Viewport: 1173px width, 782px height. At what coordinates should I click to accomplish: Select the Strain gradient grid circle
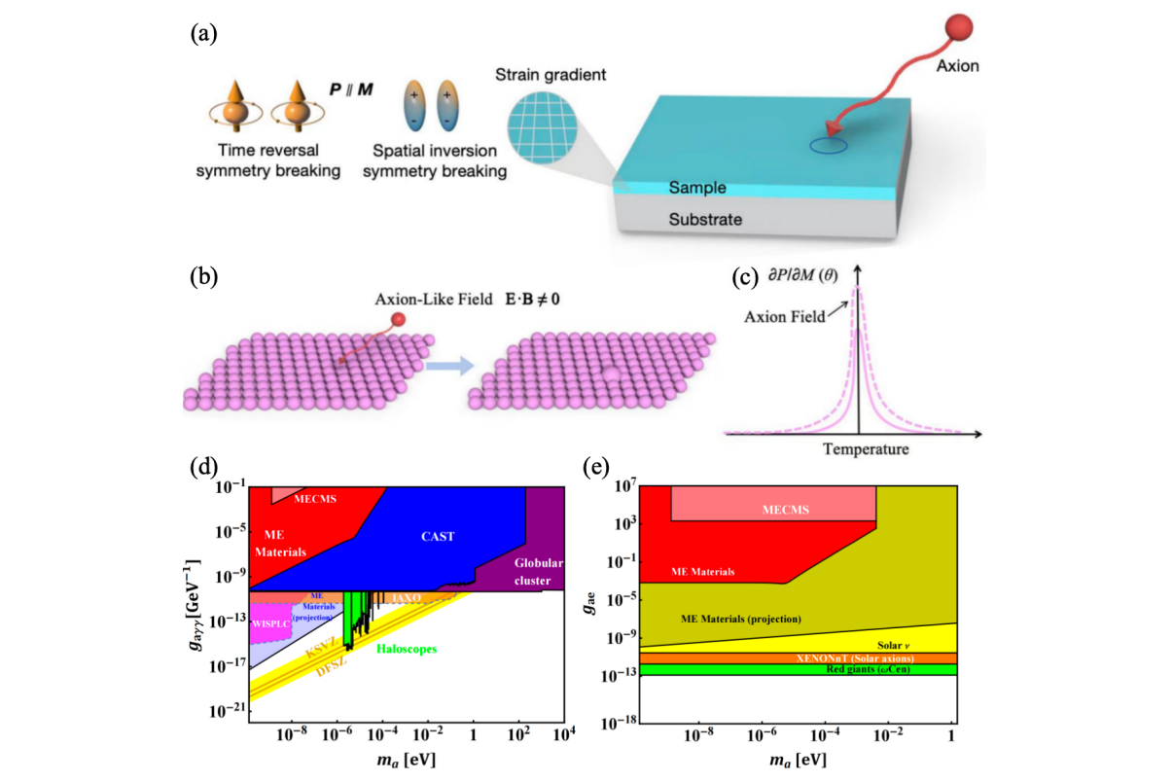(x=540, y=135)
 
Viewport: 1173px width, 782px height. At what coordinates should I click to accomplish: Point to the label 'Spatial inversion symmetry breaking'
(x=441, y=162)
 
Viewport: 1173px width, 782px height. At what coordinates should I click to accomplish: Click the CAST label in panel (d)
(x=439, y=536)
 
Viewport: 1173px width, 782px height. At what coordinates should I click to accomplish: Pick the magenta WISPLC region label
(x=271, y=623)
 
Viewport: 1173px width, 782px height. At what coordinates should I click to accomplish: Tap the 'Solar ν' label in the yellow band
(x=892, y=645)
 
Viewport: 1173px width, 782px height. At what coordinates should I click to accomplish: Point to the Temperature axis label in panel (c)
(x=866, y=449)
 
